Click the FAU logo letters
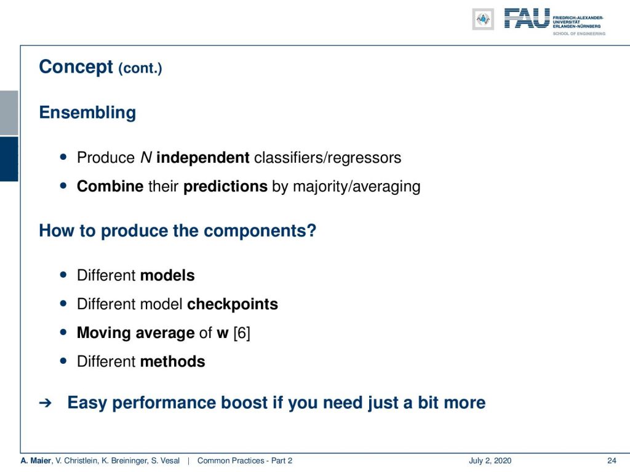point(527,18)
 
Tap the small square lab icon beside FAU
point(483,19)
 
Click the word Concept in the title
point(76,67)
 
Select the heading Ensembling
point(87,113)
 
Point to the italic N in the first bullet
point(146,158)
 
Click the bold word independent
point(203,158)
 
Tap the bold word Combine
point(110,187)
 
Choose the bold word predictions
point(225,187)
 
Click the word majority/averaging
point(357,187)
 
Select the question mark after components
point(312,231)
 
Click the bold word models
point(167,276)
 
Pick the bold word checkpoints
point(233,305)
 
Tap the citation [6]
point(242,333)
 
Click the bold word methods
point(173,361)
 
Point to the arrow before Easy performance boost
point(46,403)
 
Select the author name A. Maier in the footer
point(36,461)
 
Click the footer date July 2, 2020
point(490,461)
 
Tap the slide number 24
point(612,461)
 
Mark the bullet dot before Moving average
point(63,332)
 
